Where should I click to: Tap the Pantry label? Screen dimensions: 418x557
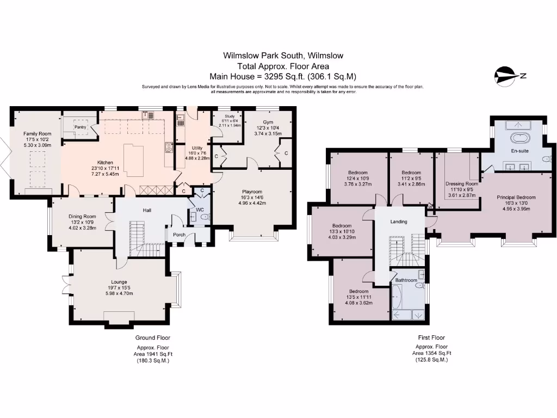pyautogui.click(x=81, y=127)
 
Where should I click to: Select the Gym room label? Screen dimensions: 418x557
pyautogui.click(x=268, y=122)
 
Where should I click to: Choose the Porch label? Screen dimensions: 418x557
pyautogui.click(x=179, y=235)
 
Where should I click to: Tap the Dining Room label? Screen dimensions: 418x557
pyautogui.click(x=82, y=216)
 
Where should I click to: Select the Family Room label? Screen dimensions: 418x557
pyautogui.click(x=36, y=133)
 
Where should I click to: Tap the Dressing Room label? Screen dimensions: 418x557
pyautogui.click(x=461, y=184)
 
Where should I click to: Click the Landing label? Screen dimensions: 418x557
pyautogui.click(x=399, y=222)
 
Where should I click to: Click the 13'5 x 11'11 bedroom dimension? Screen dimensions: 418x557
pyautogui.click(x=359, y=297)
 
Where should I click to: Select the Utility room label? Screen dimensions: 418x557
pyautogui.click(x=197, y=147)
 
